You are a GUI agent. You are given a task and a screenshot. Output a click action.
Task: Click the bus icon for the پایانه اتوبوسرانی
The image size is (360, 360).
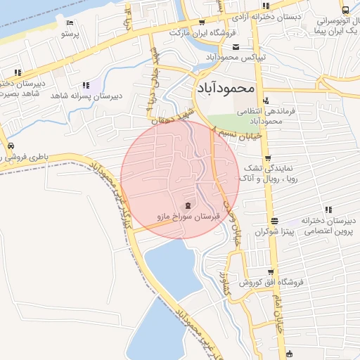pos(345,10)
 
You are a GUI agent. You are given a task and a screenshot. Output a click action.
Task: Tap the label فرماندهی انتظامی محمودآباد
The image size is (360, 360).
pos(261,116)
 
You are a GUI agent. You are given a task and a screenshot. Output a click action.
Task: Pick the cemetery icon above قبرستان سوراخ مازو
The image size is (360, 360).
pos(187,205)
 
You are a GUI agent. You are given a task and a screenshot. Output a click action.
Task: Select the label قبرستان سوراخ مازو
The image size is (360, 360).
pos(187,217)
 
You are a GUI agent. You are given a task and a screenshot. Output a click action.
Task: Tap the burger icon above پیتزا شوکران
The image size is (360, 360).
pos(274,219)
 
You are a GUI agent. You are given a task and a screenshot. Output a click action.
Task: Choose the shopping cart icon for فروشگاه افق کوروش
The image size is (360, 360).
pos(271,271)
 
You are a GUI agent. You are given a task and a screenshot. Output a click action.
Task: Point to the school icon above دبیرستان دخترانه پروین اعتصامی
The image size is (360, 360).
pos(328,210)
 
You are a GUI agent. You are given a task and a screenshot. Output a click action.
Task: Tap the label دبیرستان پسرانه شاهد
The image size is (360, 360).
pos(89,96)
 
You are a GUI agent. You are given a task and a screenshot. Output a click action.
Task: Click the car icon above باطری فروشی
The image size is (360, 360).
pos(10,146)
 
